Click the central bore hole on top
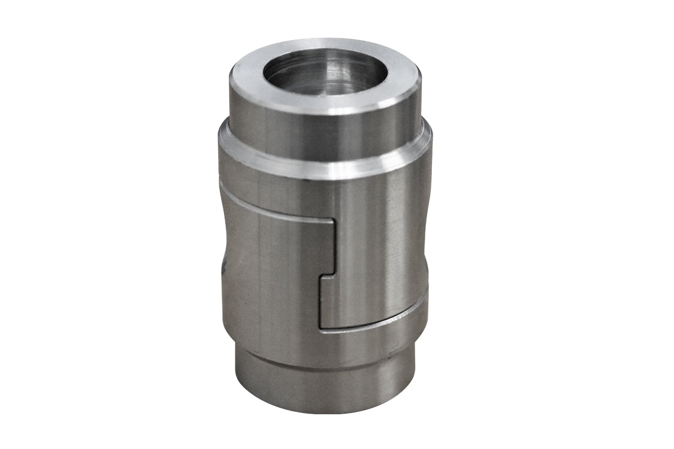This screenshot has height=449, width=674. coord(325,73)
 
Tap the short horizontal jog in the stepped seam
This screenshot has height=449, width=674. coord(327,275)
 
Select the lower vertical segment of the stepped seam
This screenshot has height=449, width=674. coord(320,302)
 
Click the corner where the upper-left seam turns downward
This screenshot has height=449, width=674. coord(333,221)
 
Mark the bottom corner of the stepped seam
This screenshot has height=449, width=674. coord(321,327)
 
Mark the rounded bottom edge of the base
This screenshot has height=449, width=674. coord(324,410)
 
